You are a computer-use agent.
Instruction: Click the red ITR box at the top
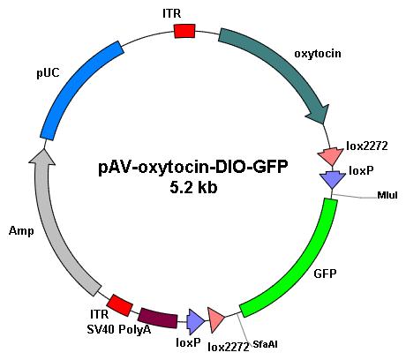[x=184, y=31]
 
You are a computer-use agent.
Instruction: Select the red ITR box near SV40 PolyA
[x=119, y=305]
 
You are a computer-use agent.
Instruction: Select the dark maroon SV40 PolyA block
[x=158, y=319]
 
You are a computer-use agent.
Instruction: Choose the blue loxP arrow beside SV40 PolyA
[x=196, y=322]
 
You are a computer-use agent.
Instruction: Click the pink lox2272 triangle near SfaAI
[x=216, y=319]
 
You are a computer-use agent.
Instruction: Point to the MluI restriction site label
[x=387, y=195]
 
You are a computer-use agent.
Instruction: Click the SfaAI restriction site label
[x=265, y=344]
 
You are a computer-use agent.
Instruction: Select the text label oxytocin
[x=318, y=54]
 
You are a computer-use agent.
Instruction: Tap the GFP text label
[x=325, y=274]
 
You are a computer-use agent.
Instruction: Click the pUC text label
[x=48, y=72]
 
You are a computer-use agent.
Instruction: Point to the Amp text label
[x=21, y=231]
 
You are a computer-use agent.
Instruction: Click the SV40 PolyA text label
[x=119, y=329]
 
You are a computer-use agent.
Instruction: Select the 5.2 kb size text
[x=193, y=187]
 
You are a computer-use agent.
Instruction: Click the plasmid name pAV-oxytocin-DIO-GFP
[x=192, y=168]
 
